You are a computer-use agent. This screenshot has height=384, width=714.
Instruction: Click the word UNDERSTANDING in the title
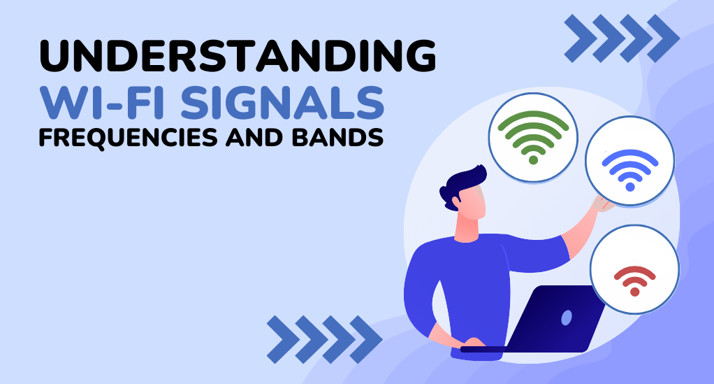tap(238, 56)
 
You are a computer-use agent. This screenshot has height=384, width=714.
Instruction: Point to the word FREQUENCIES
tap(129, 138)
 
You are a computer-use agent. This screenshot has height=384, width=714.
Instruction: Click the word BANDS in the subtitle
tap(338, 137)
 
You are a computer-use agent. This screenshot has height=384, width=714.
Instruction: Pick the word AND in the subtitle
tap(255, 137)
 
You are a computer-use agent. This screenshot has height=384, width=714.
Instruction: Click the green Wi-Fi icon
tap(533, 137)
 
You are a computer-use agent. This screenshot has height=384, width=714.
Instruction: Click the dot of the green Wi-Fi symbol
tap(533, 159)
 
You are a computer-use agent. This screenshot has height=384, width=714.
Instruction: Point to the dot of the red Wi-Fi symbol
tap(635, 292)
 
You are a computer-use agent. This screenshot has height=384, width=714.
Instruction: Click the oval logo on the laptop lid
tap(567, 318)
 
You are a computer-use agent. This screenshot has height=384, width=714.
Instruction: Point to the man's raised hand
tap(602, 204)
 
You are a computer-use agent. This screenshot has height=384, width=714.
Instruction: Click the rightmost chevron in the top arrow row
tap(663, 38)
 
